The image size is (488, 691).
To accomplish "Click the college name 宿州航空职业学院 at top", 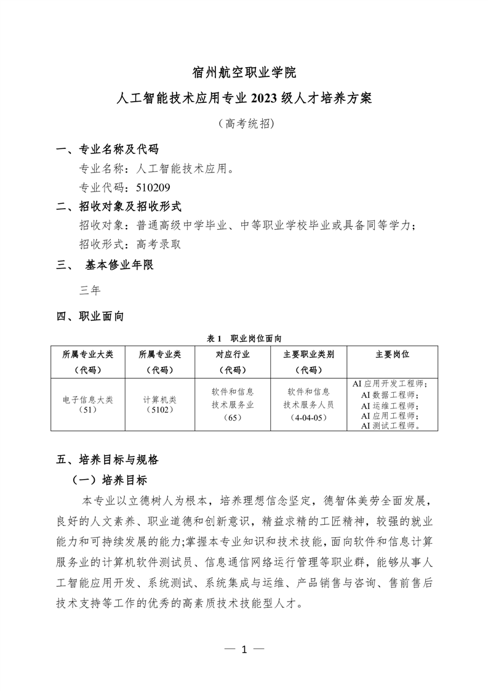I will coord(244,73).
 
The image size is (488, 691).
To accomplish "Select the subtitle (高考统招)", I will coord(244,123).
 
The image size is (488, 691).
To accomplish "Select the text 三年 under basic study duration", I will coord(90,289).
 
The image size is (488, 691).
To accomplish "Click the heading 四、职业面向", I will coord(90,317).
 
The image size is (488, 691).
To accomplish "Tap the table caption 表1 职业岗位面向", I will coord(244,338).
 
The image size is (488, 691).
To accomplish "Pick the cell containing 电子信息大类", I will coord(88,399).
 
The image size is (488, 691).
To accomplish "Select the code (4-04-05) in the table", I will coord(308,418).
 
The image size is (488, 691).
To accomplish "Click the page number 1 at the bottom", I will coord(244,649).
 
